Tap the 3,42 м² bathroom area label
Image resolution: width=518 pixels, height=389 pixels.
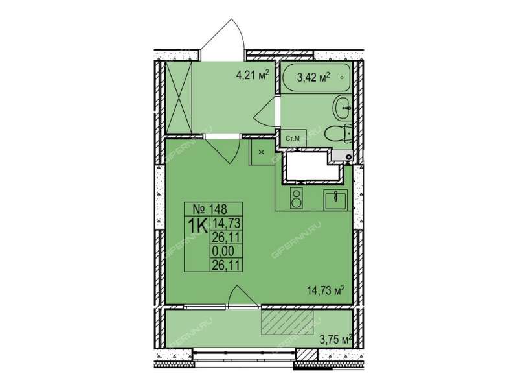point(314,78)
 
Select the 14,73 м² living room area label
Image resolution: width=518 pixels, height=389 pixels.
point(326,290)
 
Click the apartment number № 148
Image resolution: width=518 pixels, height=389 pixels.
point(210,209)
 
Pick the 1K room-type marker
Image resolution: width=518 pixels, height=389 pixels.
point(197,226)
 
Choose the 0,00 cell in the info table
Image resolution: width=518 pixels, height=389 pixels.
point(223,252)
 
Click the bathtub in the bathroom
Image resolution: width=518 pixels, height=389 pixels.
point(316,78)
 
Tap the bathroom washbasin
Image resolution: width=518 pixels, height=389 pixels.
point(342,108)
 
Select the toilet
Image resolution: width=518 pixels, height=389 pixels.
point(338,134)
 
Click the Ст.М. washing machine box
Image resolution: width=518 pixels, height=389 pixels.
point(294,138)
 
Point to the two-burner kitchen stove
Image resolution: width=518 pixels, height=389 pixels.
point(297,198)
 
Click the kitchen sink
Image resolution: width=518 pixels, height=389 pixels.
point(335,200)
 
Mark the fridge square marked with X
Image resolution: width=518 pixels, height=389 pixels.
point(262,152)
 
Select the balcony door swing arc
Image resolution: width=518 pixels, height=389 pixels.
point(243,296)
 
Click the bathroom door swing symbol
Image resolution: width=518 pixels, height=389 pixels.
point(265,113)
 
